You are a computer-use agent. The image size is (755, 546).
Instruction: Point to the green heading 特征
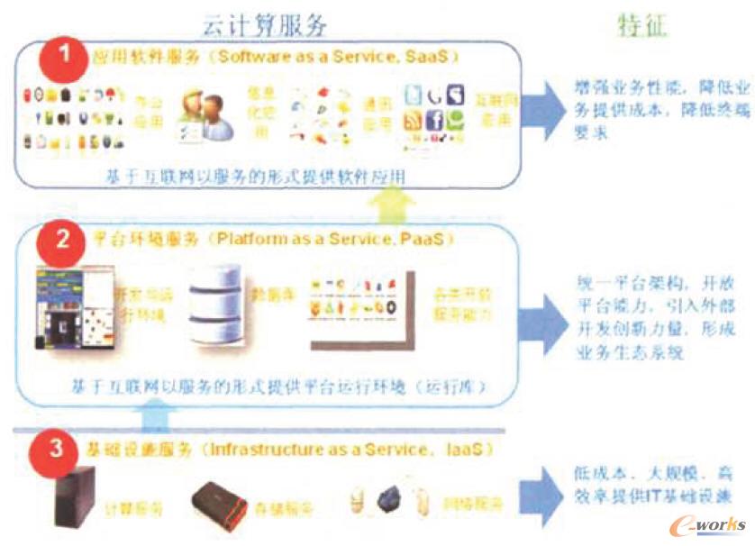pos(642,25)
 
